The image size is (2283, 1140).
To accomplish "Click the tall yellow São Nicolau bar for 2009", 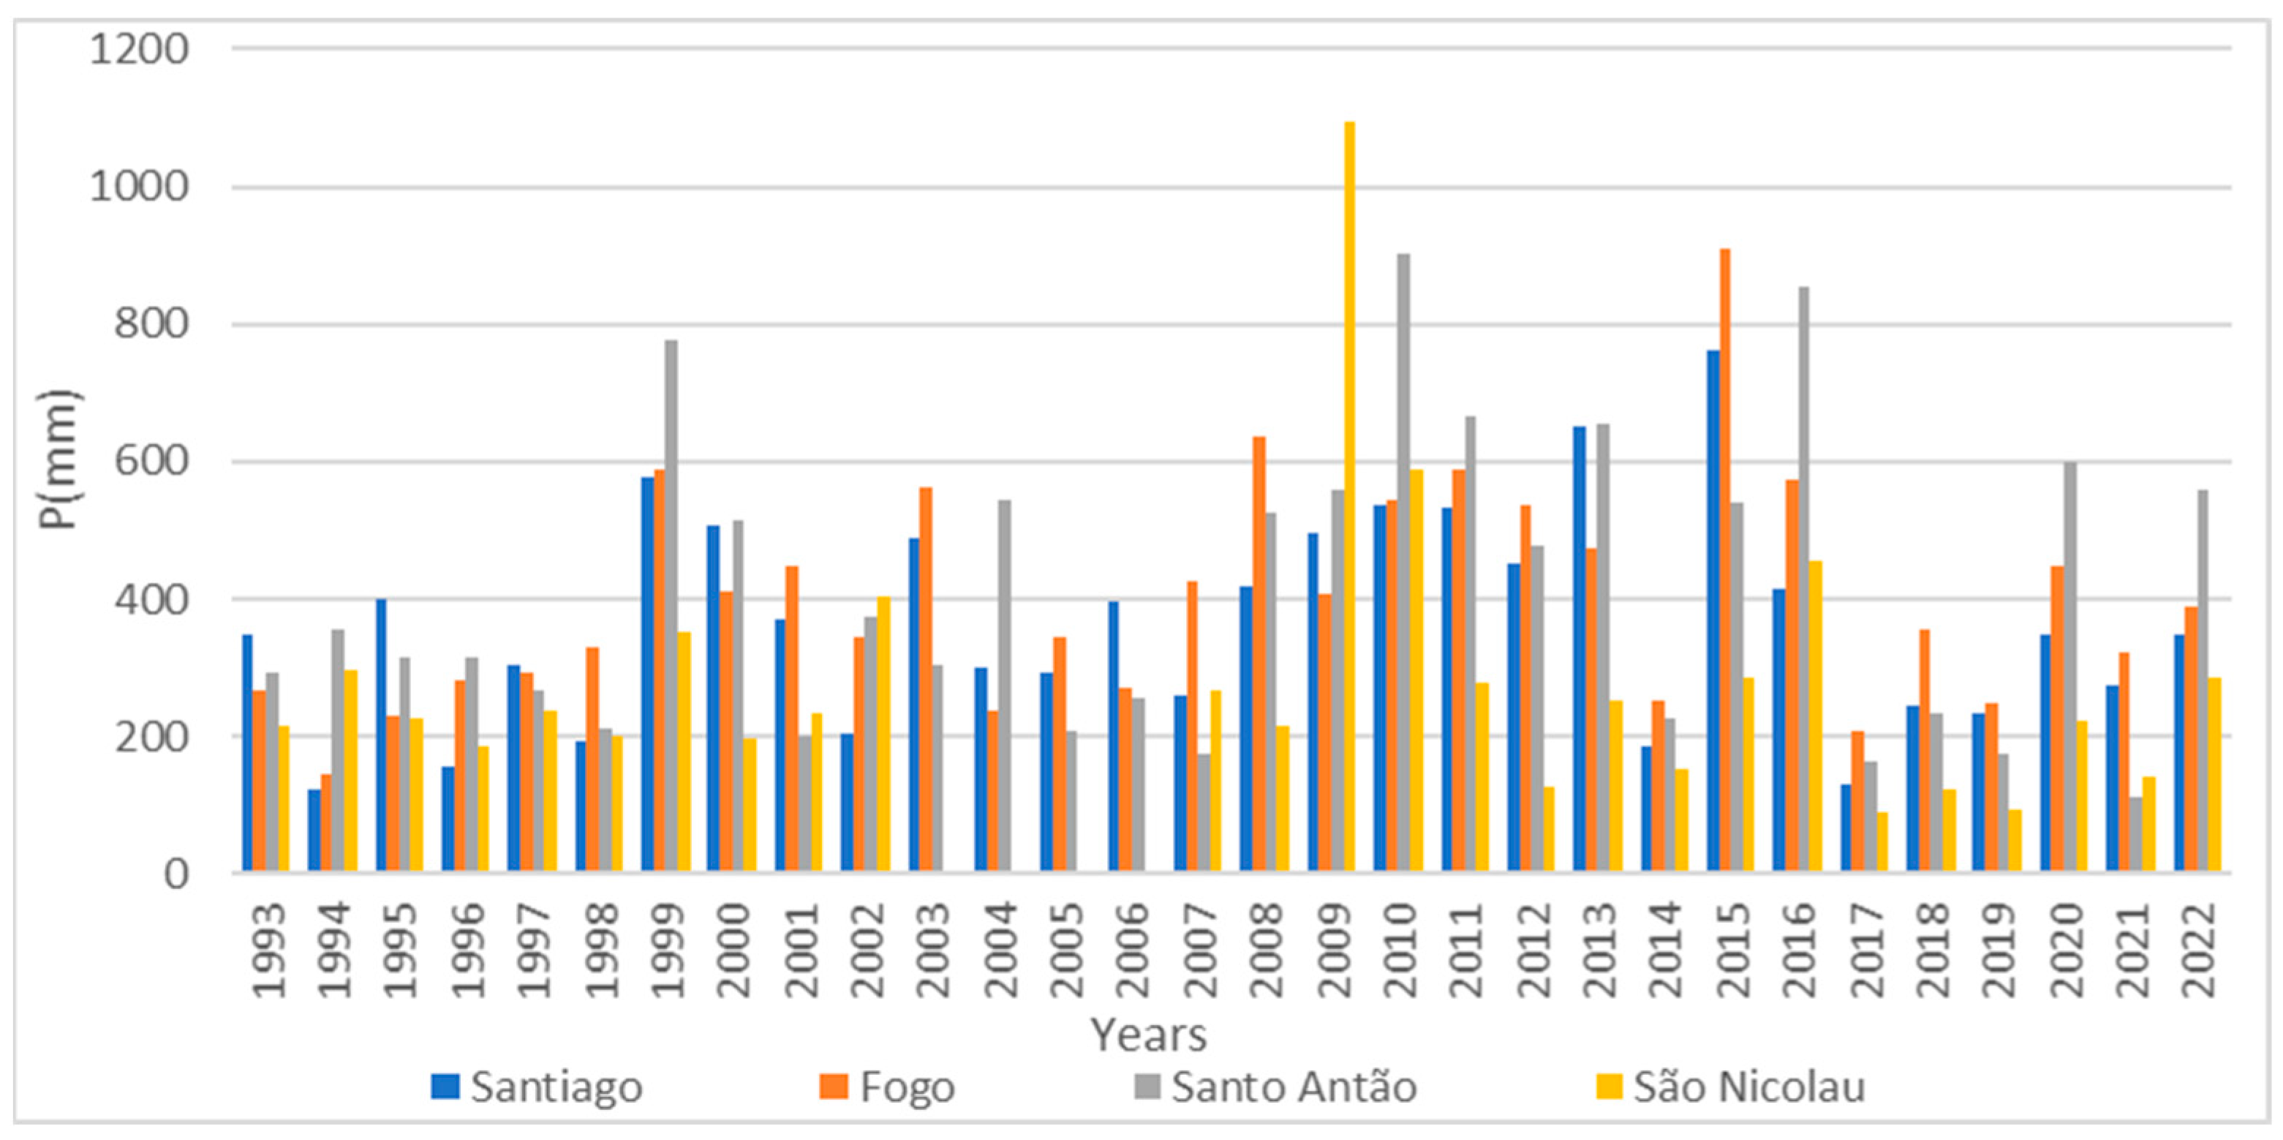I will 1349,496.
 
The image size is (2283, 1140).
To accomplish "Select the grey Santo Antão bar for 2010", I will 1404,563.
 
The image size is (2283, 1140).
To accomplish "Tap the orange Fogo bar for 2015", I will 1724,560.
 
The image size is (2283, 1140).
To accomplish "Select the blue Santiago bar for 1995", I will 381,736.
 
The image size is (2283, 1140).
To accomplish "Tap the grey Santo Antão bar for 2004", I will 1004,686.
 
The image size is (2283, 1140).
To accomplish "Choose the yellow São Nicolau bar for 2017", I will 1882,842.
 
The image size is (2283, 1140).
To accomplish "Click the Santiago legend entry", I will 537,1087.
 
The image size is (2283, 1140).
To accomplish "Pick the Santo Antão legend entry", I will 1276,1087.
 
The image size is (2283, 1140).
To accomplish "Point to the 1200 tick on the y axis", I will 139,49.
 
